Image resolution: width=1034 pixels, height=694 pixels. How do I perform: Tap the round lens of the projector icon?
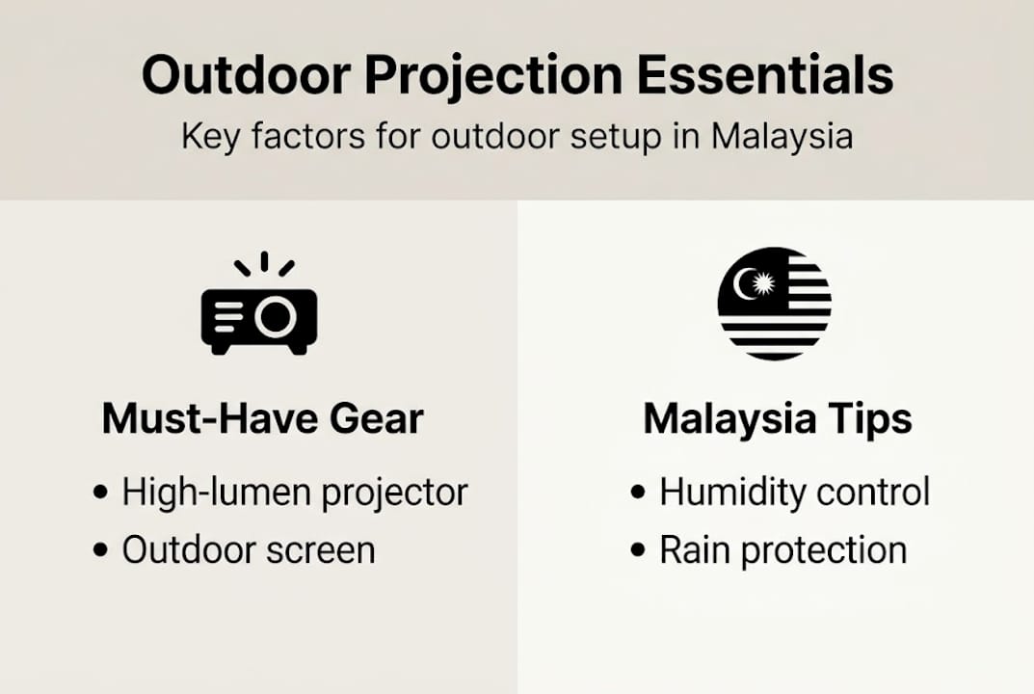[276, 316]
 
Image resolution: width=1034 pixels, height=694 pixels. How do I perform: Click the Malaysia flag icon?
[774, 304]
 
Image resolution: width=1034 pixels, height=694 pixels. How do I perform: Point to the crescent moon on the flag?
[745, 283]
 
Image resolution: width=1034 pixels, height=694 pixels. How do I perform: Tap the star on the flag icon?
[763, 283]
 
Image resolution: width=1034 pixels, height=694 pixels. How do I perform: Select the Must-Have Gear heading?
[262, 419]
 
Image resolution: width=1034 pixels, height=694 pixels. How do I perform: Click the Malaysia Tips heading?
[778, 419]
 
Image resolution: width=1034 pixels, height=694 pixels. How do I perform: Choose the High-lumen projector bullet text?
[294, 493]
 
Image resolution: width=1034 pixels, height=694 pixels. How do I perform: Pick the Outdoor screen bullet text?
[248, 550]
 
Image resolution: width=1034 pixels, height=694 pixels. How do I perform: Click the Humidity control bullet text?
[794, 493]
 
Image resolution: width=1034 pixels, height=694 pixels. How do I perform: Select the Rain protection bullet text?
[782, 550]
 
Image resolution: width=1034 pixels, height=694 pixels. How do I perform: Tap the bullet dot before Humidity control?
[638, 494]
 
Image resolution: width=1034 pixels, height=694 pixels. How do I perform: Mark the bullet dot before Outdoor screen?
[101, 551]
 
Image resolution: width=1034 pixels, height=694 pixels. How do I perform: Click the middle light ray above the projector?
[264, 261]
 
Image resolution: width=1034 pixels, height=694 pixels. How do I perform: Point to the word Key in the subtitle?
[209, 137]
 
